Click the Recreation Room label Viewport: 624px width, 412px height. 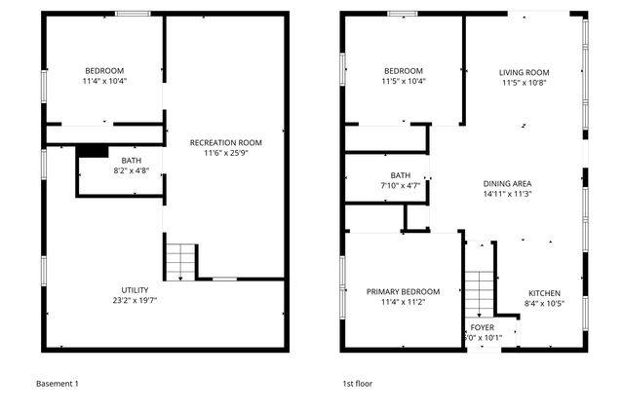click(225, 142)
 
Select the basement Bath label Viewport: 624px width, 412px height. click(130, 160)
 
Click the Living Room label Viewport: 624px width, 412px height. click(524, 72)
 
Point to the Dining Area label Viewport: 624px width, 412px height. click(507, 183)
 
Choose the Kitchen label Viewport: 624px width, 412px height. click(545, 292)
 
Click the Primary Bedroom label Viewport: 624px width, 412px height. click(403, 291)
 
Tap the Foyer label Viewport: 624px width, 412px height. click(483, 327)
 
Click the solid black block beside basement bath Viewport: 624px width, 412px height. click(93, 150)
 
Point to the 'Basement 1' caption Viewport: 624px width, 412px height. click(57, 384)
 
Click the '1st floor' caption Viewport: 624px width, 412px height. click(357, 384)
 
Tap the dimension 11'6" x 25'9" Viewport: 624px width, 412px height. click(225, 153)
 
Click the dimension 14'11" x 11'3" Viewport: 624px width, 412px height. click(507, 194)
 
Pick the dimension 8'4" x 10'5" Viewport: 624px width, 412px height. click(545, 303)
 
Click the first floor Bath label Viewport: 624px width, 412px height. click(400, 174)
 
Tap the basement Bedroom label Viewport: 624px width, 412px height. click(104, 70)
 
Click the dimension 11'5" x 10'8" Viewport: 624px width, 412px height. click(524, 83)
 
